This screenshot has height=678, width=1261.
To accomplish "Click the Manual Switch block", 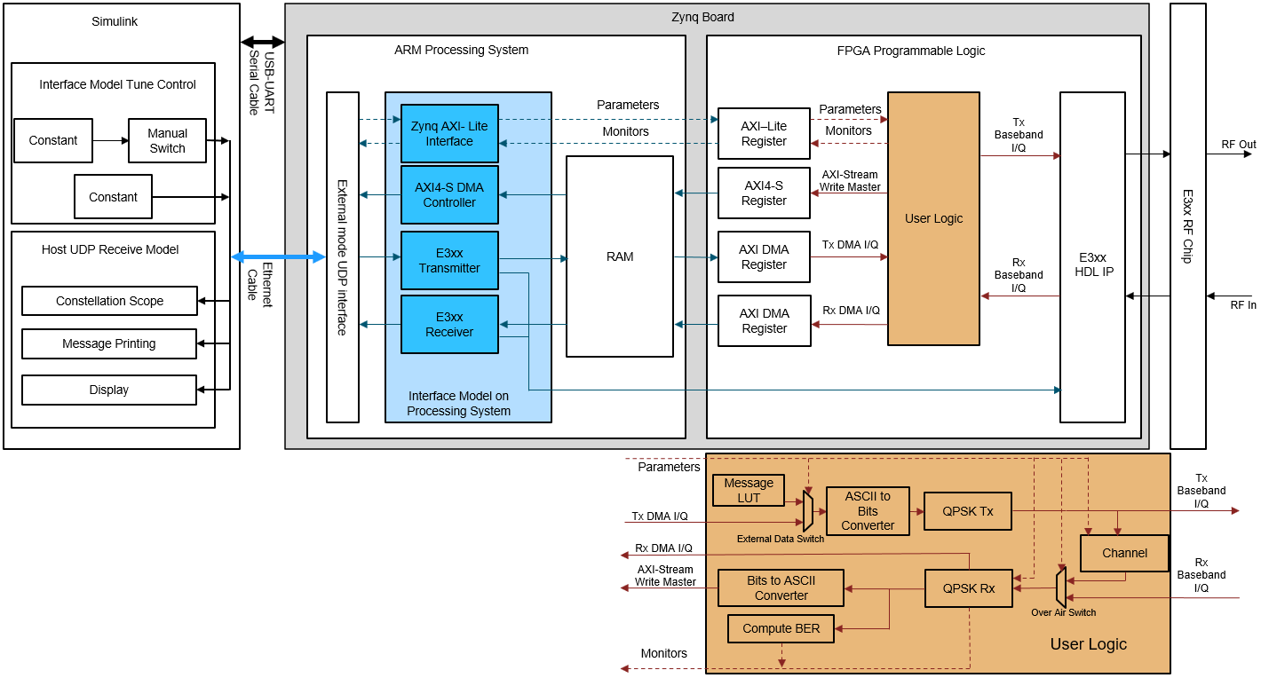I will (x=167, y=141).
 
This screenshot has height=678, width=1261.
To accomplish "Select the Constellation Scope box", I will (x=109, y=301).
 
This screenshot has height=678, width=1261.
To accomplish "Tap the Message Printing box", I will (x=109, y=343).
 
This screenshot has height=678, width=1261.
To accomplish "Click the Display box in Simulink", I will (x=109, y=390).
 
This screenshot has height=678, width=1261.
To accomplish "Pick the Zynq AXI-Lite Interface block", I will (x=449, y=133).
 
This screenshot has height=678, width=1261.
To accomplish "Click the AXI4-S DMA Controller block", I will (x=449, y=195).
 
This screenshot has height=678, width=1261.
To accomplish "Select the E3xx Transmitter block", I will (x=449, y=261).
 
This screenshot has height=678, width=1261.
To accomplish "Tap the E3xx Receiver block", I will (x=449, y=324).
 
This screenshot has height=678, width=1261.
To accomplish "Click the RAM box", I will (x=620, y=256).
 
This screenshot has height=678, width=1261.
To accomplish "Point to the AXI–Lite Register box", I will (x=764, y=134).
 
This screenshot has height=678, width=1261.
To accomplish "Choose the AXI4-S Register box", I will (x=764, y=193).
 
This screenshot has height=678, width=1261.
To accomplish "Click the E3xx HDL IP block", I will (x=1092, y=257).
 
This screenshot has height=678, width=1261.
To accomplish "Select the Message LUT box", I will (x=749, y=491).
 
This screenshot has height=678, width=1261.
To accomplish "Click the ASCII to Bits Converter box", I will (x=868, y=511).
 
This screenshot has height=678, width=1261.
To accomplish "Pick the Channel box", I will (x=1124, y=553).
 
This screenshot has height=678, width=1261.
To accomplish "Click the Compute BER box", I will (x=781, y=629).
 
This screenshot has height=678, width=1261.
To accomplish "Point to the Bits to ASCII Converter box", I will (x=781, y=588).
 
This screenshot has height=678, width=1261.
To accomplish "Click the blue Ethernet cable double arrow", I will (x=279, y=256).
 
